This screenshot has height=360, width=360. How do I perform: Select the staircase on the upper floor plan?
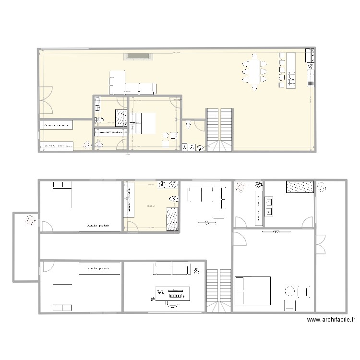[220, 129]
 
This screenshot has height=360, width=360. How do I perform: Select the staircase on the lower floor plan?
[219, 290]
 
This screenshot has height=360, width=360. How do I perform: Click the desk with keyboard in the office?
[173, 293]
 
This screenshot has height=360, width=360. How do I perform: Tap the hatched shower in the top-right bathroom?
[300, 187]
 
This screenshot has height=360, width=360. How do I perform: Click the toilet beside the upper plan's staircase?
[188, 126]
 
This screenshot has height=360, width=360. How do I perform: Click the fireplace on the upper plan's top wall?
[139, 57]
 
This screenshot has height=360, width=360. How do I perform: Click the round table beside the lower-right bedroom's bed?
[290, 291]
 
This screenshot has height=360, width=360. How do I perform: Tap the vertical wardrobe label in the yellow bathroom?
[129, 201]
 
